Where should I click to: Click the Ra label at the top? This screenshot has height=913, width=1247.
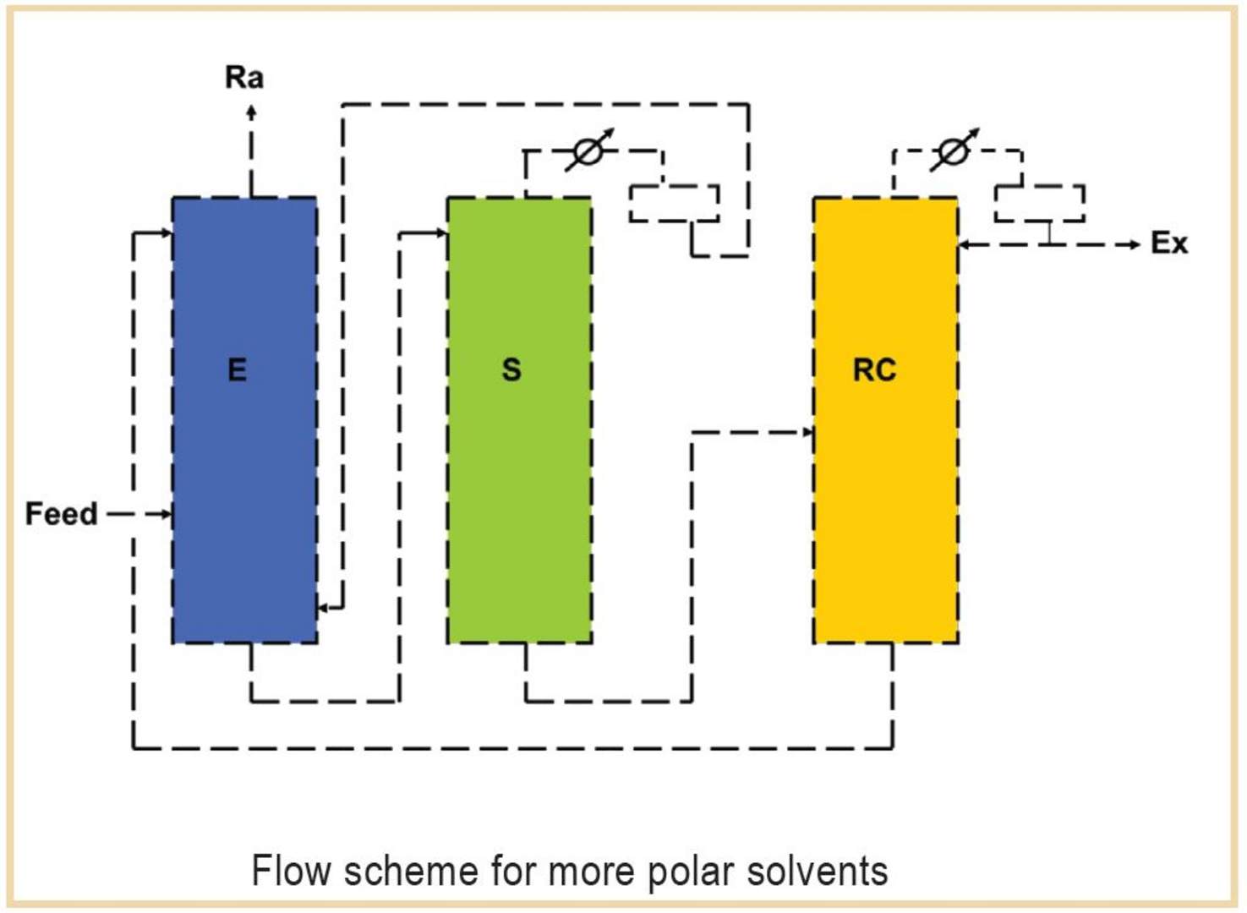[x=243, y=77]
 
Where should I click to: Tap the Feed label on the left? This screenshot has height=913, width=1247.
[x=61, y=514]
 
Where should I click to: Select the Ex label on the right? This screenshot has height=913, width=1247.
[x=1169, y=243]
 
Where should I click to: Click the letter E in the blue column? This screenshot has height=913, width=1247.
[x=238, y=369]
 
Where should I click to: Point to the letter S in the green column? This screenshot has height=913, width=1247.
[x=511, y=369]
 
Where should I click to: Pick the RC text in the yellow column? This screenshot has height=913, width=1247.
[x=874, y=369]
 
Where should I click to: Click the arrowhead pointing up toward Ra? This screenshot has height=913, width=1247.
[x=251, y=111]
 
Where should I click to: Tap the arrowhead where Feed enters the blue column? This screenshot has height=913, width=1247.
[x=167, y=514]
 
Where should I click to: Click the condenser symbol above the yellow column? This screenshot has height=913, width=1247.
[x=953, y=151]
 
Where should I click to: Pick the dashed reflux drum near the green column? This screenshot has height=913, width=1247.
[x=674, y=204]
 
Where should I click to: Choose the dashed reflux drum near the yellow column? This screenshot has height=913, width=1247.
[x=1039, y=204]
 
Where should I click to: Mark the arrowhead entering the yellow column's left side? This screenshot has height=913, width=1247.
[x=807, y=432]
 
